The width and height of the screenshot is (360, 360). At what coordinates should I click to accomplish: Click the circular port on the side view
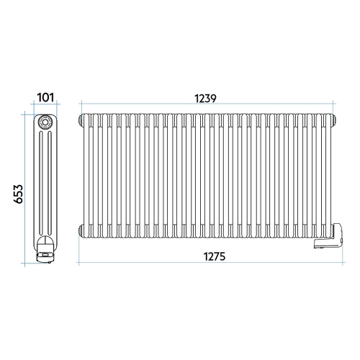pyautogui.click(x=46, y=122)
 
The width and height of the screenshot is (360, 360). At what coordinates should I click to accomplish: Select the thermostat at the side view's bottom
pyautogui.click(x=45, y=249)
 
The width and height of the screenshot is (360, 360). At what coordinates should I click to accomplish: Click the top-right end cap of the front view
pyautogui.click(x=333, y=118)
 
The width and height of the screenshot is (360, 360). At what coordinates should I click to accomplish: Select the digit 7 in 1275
pyautogui.click(x=210, y=257)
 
